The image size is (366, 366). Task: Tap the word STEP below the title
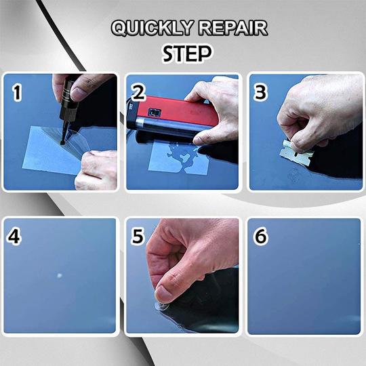click(x=186, y=53)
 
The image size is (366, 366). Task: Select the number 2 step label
click(x=138, y=94)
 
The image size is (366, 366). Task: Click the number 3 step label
click(x=260, y=93)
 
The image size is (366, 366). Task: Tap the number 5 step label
click(x=138, y=237)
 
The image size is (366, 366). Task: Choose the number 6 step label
click(x=260, y=237)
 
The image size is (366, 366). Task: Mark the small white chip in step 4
click(x=59, y=275)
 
